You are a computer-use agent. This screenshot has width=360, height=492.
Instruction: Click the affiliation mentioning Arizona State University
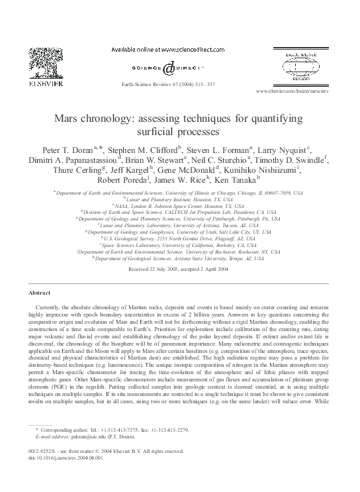tap(179, 260)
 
